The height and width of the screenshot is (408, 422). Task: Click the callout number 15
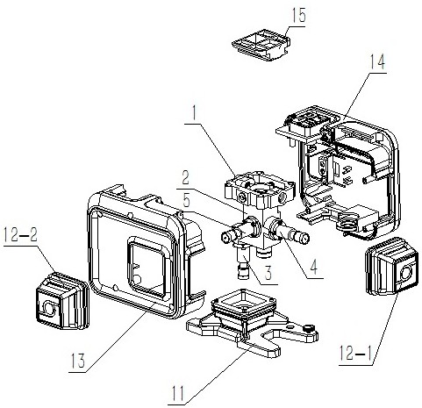[298, 15]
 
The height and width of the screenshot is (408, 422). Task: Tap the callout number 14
[377, 61]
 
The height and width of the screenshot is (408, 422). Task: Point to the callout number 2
[185, 177]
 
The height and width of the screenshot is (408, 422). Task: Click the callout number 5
[187, 200]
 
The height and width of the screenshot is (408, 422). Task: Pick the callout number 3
[268, 273]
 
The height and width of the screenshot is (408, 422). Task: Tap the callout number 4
[313, 267]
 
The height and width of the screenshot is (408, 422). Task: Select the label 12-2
[20, 234]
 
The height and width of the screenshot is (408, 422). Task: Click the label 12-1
[356, 353]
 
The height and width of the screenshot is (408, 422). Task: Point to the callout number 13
[78, 361]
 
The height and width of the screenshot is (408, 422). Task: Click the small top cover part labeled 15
[261, 45]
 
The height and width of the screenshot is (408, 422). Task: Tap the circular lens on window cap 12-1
[405, 273]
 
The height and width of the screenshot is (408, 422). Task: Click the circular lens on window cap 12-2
[48, 308]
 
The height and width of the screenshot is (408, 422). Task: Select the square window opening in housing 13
[147, 268]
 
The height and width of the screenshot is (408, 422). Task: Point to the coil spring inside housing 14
[347, 223]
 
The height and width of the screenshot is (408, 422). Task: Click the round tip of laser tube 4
[304, 239]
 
